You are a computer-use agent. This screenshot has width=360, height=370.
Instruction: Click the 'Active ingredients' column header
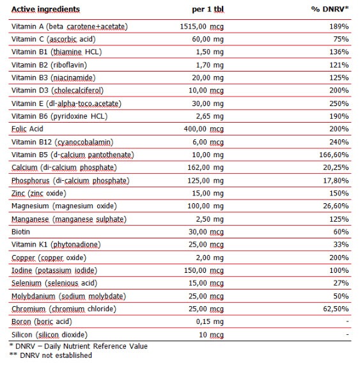[45, 9]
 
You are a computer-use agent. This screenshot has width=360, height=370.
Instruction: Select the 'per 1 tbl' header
[208, 9]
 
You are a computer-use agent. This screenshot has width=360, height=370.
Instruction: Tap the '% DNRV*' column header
[330, 9]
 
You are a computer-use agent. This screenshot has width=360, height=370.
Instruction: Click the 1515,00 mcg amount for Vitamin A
[201, 26]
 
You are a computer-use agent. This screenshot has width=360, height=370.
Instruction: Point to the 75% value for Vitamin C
[341, 39]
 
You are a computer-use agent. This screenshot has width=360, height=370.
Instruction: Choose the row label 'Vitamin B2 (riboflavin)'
[49, 65]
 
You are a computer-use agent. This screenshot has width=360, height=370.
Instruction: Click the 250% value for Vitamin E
[339, 104]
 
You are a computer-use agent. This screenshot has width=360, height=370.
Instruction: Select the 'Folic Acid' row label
[27, 129]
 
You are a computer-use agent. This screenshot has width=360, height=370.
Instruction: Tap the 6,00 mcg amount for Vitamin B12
[208, 142]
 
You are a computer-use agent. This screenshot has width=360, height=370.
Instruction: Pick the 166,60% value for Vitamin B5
[334, 155]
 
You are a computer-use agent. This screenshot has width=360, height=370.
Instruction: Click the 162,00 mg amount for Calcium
[205, 167]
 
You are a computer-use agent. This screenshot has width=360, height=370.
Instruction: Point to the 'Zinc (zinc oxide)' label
[39, 193]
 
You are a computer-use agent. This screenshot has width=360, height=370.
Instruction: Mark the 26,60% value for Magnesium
[336, 206]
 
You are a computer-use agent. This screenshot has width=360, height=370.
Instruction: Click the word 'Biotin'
[20, 232]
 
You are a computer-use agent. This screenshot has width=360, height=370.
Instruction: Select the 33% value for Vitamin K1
[341, 245]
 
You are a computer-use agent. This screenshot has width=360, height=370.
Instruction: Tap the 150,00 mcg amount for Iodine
[204, 270]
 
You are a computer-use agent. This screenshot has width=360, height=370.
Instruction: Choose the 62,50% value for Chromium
[336, 309]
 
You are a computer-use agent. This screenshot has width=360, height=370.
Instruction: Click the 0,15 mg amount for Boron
[210, 321]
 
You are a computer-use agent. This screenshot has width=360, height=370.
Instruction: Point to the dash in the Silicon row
[347, 334]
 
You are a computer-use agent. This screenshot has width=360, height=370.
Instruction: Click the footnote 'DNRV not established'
[56, 355]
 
